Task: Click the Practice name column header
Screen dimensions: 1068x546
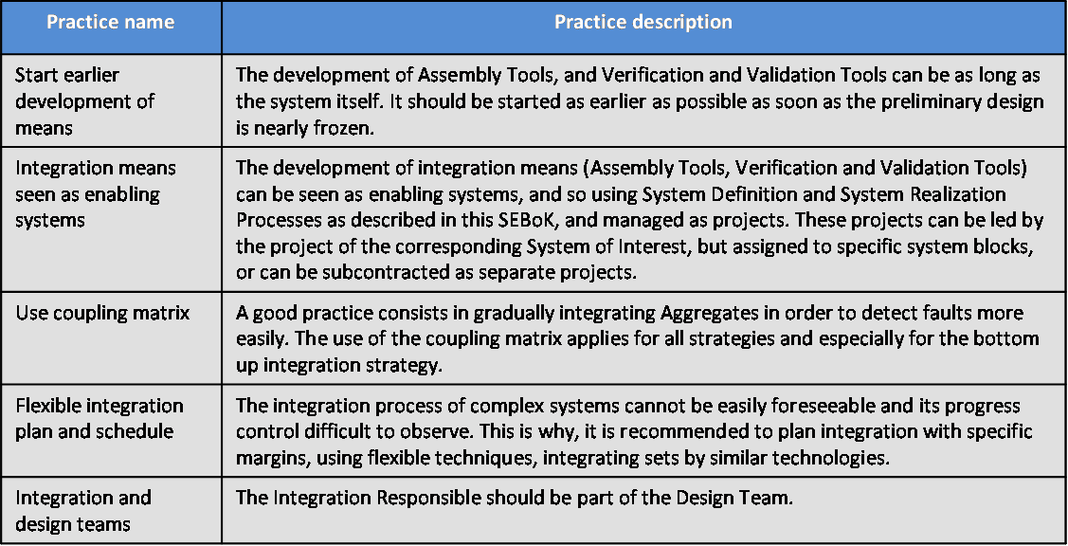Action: point(110,22)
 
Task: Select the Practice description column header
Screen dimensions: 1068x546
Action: point(643,22)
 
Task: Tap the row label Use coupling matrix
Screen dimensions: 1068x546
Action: point(103,314)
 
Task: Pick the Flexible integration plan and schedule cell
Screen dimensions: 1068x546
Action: point(100,419)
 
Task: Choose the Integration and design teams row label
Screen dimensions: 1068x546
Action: point(83,511)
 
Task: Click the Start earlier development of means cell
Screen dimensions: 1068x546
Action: point(84,100)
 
